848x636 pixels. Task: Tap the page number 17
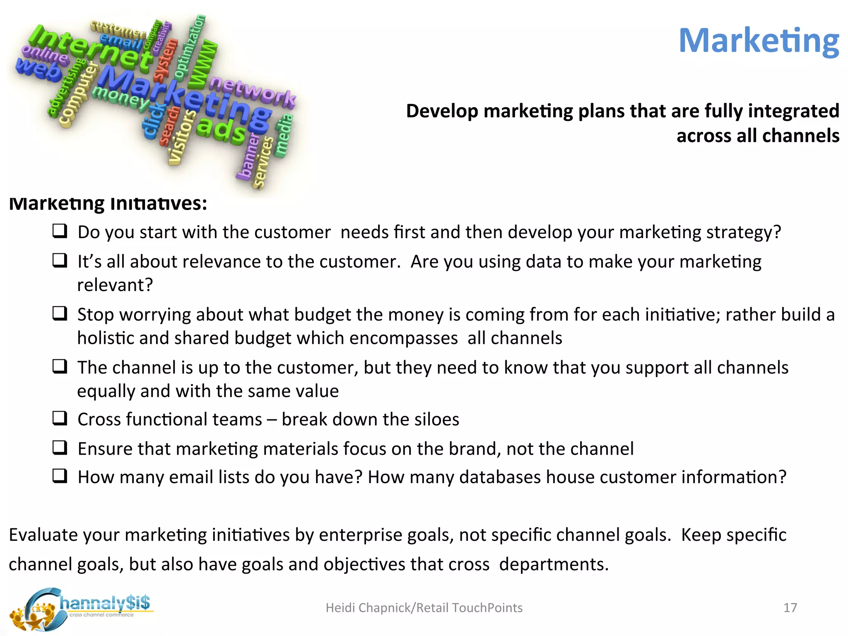[x=790, y=607]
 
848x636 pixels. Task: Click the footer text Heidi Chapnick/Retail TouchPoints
[x=424, y=607]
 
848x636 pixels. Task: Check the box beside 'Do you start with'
[x=60, y=231]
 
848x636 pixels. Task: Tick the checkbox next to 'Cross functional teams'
[x=60, y=418]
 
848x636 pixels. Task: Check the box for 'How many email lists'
[x=60, y=476]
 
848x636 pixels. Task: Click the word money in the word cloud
[x=120, y=98]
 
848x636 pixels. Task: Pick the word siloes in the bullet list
[x=436, y=419]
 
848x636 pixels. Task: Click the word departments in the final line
[x=554, y=564]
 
